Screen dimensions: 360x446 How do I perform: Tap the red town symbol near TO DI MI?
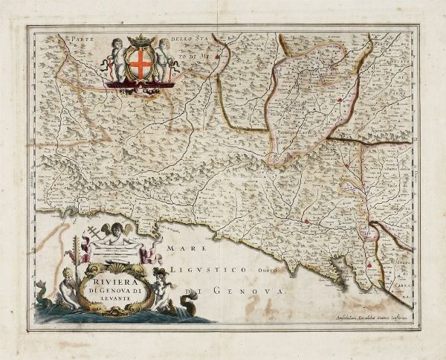216,54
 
